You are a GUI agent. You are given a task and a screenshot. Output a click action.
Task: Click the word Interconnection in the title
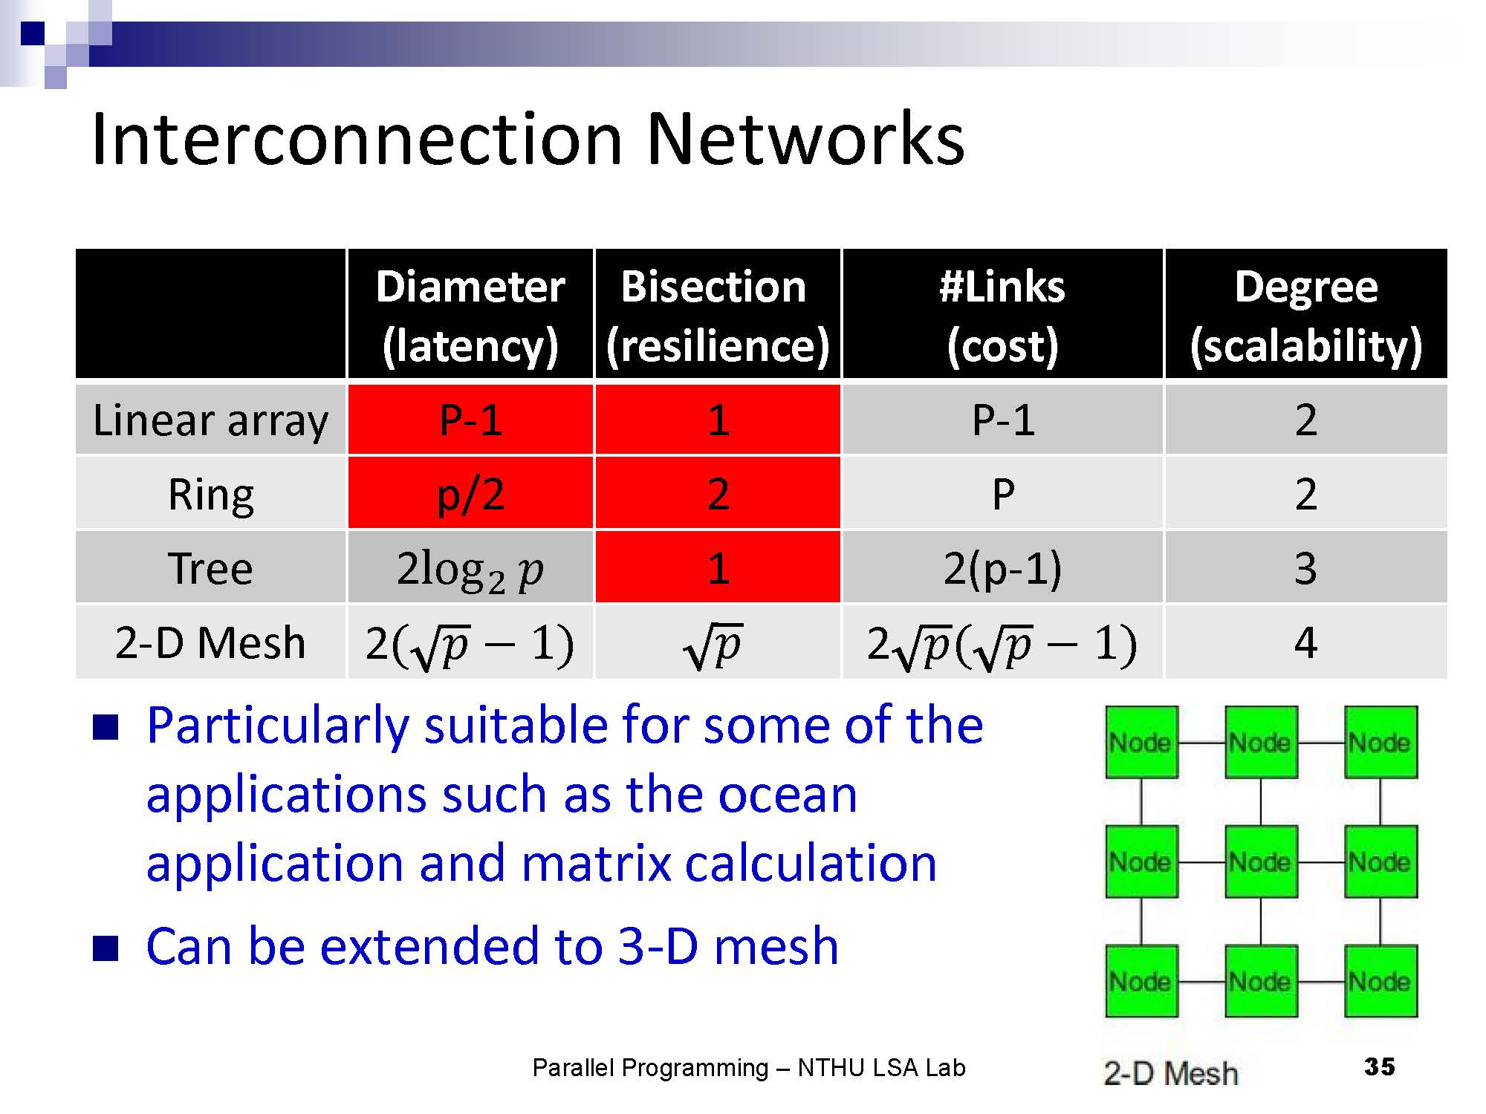pyautogui.click(x=357, y=139)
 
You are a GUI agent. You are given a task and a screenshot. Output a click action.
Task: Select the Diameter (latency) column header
pyautogui.click(x=470, y=315)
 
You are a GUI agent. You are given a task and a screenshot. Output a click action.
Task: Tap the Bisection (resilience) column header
pyautogui.click(x=717, y=315)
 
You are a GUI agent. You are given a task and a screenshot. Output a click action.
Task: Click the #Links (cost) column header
pyautogui.click(x=1002, y=315)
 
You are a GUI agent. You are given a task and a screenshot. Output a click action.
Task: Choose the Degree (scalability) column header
pyautogui.click(x=1305, y=315)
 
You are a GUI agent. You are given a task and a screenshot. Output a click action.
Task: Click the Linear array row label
pyautogui.click(x=210, y=420)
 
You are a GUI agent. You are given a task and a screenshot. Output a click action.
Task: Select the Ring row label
pyautogui.click(x=210, y=494)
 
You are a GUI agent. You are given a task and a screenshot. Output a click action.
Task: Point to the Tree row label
pyautogui.click(x=210, y=568)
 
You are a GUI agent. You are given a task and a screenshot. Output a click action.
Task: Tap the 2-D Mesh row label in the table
pyautogui.click(x=210, y=642)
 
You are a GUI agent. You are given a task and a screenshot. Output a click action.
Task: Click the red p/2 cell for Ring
pyautogui.click(x=470, y=494)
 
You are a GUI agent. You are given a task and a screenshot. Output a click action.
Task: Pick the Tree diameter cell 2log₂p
pyautogui.click(x=470, y=568)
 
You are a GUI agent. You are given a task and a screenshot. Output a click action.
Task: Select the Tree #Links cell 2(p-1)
pyautogui.click(x=1002, y=568)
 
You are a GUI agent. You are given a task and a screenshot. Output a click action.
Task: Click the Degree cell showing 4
pyautogui.click(x=1305, y=642)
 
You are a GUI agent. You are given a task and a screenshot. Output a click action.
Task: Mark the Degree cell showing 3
pyautogui.click(x=1305, y=568)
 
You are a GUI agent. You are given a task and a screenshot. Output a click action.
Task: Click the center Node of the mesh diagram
pyautogui.click(x=1261, y=861)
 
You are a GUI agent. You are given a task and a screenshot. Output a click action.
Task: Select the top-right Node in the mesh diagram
pyautogui.click(x=1380, y=742)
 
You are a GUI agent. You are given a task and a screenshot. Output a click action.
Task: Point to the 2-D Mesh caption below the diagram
pyautogui.click(x=1170, y=1073)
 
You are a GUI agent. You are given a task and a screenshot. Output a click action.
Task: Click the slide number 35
pyautogui.click(x=1380, y=1066)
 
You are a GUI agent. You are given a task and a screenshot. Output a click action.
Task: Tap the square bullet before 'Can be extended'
pyautogui.click(x=106, y=948)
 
